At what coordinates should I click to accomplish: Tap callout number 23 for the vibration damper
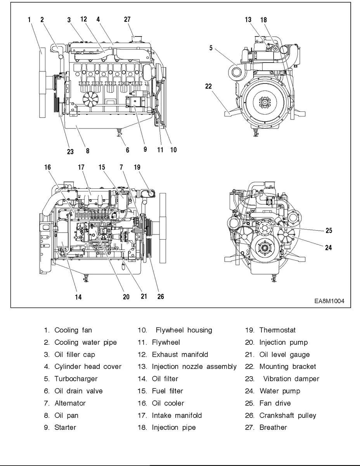[x=70, y=151]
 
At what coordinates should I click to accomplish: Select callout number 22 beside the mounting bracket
[x=209, y=86]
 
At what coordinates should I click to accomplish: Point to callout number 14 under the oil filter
[x=78, y=297]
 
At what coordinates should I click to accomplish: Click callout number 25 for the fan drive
[x=329, y=230]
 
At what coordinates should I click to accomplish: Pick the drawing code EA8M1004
[x=329, y=301]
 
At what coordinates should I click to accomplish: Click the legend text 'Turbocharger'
[x=76, y=379]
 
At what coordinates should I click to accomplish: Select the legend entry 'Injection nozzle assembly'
[x=194, y=367]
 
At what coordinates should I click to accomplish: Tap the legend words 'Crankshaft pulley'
[x=287, y=415]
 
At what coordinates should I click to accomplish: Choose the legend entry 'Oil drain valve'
[x=78, y=391]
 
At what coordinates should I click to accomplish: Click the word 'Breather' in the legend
[x=273, y=427]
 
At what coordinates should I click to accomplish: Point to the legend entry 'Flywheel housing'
[x=184, y=330]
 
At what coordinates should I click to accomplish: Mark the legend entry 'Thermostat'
[x=277, y=330]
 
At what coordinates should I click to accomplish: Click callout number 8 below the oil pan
[x=88, y=151]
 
